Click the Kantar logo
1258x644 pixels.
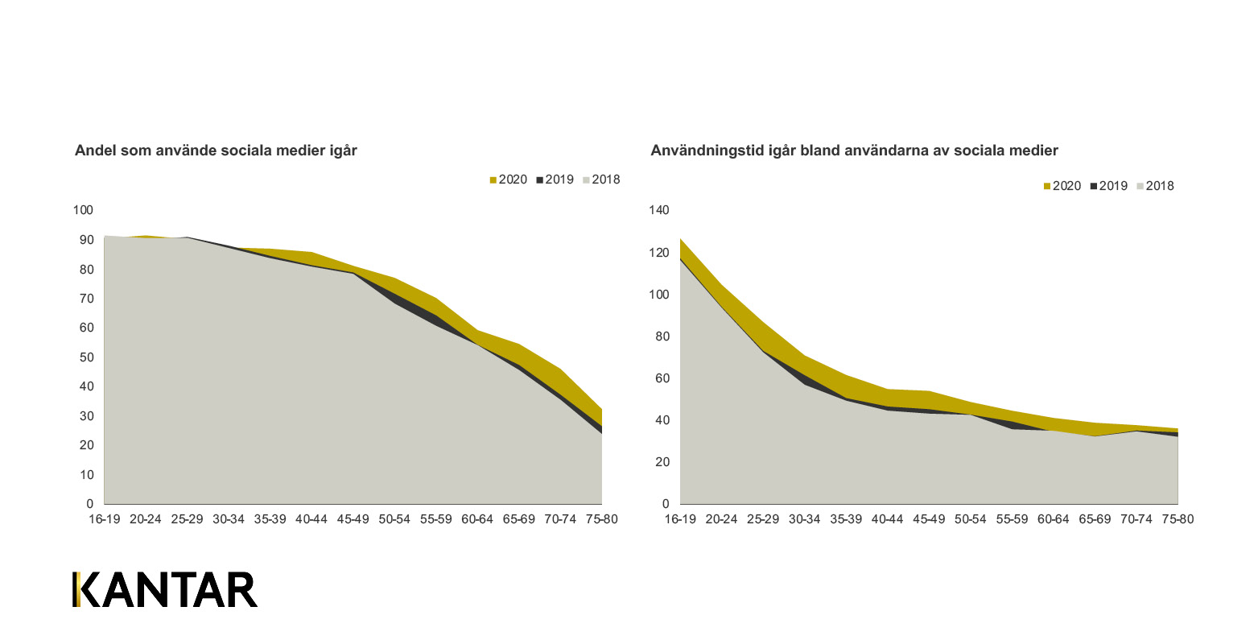(x=165, y=590)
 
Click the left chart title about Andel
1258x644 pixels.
(x=216, y=151)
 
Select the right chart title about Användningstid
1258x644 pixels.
(x=854, y=151)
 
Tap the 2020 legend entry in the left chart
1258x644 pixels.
(x=509, y=180)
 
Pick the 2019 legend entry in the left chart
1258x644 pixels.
(x=555, y=180)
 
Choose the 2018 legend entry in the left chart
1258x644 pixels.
(x=602, y=180)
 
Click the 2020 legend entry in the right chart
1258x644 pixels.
(x=1062, y=186)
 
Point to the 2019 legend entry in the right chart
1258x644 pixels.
(x=1109, y=186)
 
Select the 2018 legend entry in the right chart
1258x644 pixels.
(x=1156, y=186)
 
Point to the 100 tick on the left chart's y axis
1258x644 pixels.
(x=84, y=211)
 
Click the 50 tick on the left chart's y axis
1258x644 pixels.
(x=86, y=357)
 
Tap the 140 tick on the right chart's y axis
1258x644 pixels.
(x=659, y=211)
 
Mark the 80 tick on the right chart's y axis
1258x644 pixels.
(x=662, y=336)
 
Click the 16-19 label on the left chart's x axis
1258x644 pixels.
(x=104, y=519)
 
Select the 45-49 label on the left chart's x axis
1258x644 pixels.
(x=353, y=519)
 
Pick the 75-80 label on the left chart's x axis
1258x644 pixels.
(x=602, y=519)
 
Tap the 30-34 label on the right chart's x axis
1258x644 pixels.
(x=804, y=519)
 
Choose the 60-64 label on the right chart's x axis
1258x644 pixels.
(x=1054, y=519)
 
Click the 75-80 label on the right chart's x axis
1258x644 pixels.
(x=1178, y=519)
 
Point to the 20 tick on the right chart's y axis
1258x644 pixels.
(x=662, y=462)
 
